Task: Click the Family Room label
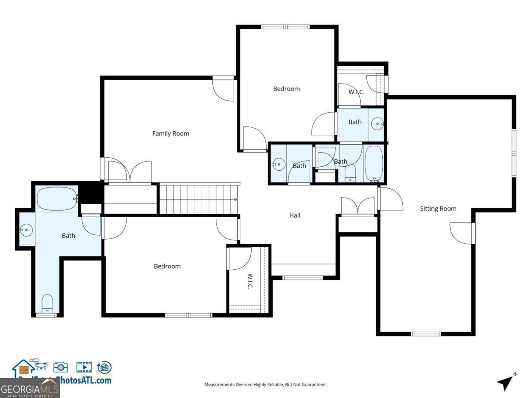(x=170, y=134)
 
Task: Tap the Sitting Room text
(x=438, y=209)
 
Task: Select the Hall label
(x=295, y=215)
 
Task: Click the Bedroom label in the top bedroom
(x=286, y=89)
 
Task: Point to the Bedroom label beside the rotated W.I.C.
(x=167, y=266)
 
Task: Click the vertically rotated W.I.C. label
(x=250, y=282)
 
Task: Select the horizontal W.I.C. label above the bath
(x=356, y=92)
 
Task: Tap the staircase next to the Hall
(x=198, y=199)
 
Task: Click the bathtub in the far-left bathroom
(x=57, y=199)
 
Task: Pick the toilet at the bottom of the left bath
(x=47, y=303)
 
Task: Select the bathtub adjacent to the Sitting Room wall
(x=374, y=164)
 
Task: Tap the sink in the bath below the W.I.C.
(x=377, y=124)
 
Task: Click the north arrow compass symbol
(x=505, y=382)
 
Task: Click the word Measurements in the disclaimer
(x=219, y=385)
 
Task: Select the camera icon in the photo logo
(x=61, y=367)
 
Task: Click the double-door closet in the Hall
(x=358, y=207)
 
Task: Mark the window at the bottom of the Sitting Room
(x=426, y=333)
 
